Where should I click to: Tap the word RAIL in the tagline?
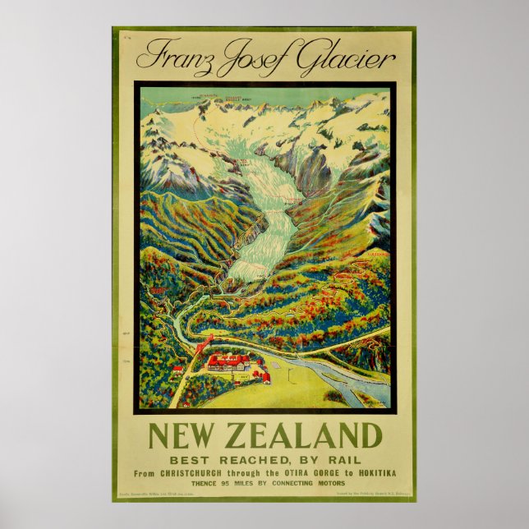point(342,460)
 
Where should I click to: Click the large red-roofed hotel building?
point(229,362)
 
